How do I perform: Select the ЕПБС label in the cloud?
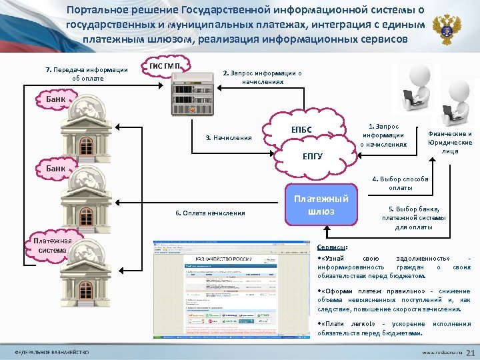301,129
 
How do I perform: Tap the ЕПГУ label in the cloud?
313,157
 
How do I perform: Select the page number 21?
468,352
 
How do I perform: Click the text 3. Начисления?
228,138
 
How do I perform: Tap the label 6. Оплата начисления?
209,213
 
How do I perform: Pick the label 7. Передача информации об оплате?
86,73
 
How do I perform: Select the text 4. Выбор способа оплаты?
400,183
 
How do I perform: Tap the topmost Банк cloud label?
56,100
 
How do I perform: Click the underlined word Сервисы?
331,247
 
